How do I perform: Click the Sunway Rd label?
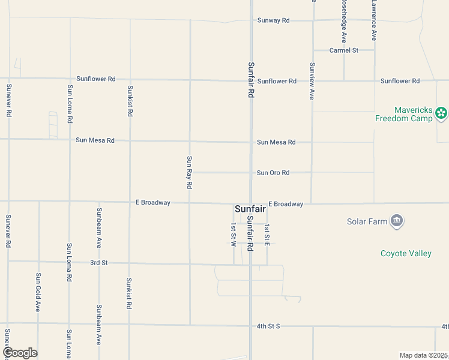(273, 20)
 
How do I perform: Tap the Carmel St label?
(343, 50)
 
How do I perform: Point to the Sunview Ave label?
(312, 81)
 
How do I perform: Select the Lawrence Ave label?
(373, 20)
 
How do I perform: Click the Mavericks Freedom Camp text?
(404, 114)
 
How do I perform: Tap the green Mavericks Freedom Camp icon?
(441, 113)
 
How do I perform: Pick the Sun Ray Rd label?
(189, 172)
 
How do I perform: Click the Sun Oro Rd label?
(273, 173)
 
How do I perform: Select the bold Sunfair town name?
(250, 209)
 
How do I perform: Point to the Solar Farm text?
(367, 221)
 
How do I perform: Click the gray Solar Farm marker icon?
(396, 221)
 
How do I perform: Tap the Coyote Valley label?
(406, 253)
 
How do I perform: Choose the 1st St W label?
(234, 235)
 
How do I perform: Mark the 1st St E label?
(267, 235)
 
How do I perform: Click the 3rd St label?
(99, 263)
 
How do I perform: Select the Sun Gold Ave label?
(38, 292)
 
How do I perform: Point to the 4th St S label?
(268, 326)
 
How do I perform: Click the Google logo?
(19, 353)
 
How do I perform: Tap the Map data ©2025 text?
(424, 355)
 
